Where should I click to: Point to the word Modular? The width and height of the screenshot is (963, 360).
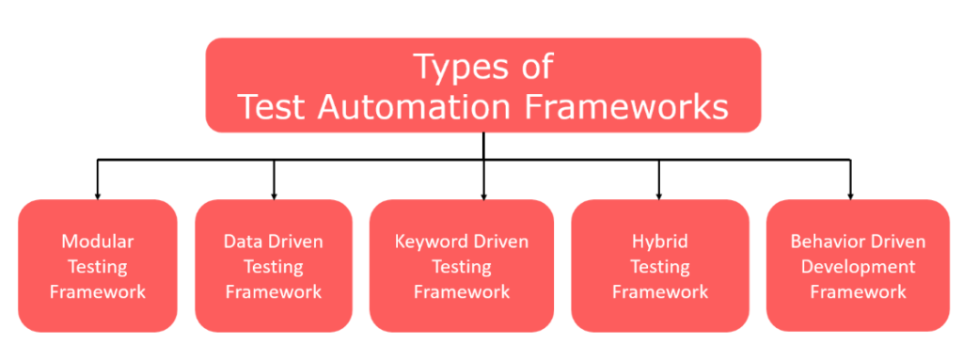(x=98, y=242)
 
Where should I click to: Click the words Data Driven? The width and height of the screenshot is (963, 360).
(x=274, y=242)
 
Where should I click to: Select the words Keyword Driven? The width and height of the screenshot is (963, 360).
(x=461, y=242)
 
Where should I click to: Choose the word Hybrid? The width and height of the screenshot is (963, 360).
(x=659, y=242)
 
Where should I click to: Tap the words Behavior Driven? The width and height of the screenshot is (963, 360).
(x=858, y=242)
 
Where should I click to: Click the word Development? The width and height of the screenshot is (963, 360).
(x=858, y=267)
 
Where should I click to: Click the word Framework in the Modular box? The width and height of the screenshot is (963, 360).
(x=98, y=291)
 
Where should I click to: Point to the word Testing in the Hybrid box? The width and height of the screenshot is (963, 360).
(x=659, y=267)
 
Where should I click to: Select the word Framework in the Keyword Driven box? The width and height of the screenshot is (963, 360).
(x=461, y=291)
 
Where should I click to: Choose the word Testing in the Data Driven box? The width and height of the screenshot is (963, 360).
(x=274, y=267)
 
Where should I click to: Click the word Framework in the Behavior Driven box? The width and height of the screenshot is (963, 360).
(x=858, y=291)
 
